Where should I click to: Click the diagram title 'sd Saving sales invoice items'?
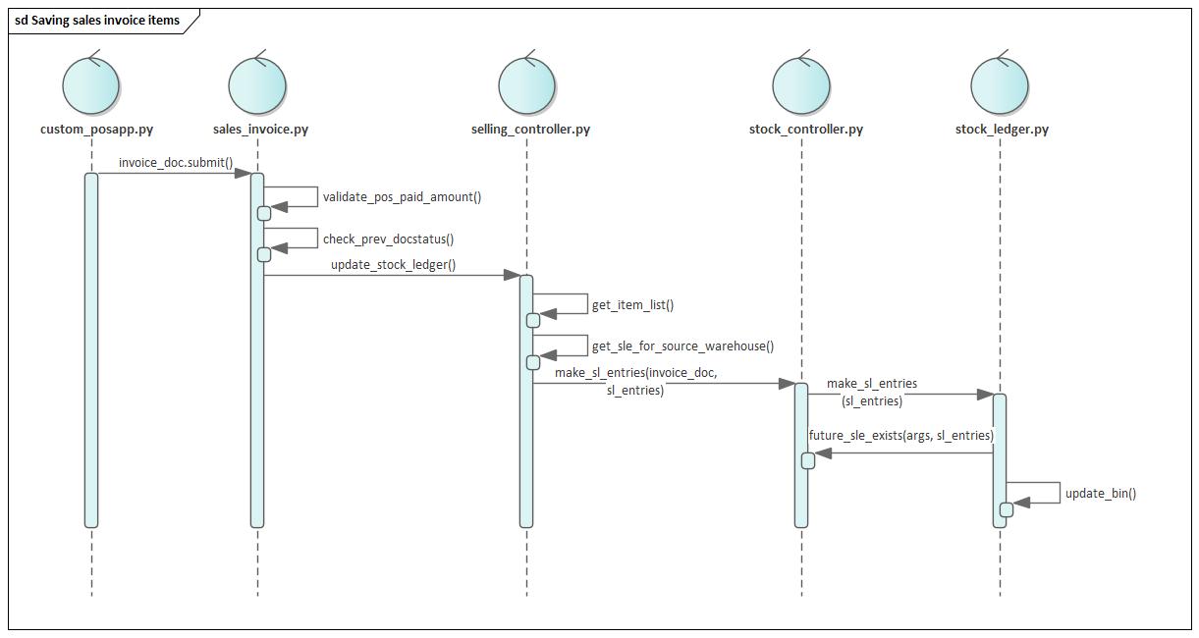[x=97, y=20]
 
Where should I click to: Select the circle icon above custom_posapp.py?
[x=91, y=85]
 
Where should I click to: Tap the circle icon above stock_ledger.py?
[x=1000, y=85]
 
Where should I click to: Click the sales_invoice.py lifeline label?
[x=260, y=130]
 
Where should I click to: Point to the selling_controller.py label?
[x=530, y=130]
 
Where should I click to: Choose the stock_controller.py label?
[x=805, y=130]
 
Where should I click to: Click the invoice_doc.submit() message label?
[x=176, y=163]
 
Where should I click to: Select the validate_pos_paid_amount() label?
[x=402, y=197]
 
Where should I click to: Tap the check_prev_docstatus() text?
[x=388, y=239]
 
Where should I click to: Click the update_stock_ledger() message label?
[x=393, y=265]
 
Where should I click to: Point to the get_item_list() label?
[x=632, y=305]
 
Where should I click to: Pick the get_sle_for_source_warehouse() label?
[x=682, y=346]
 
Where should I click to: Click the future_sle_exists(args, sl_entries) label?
[x=900, y=436]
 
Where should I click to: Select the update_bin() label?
[x=1101, y=494]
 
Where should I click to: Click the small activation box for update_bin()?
[x=1007, y=509]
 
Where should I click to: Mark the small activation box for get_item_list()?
[x=533, y=320]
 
